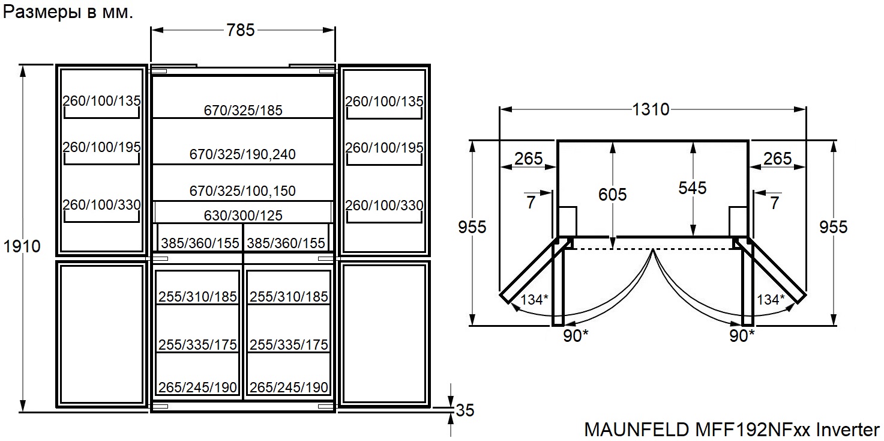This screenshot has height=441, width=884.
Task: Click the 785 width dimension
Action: [241, 30]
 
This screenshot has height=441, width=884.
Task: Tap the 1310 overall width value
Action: [651, 109]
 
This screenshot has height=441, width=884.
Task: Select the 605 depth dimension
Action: [612, 194]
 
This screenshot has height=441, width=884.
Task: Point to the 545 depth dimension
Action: [693, 187]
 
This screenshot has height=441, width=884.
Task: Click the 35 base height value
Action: [465, 410]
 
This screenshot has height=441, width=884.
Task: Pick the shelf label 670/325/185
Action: [242, 110]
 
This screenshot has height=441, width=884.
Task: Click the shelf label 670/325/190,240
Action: [242, 154]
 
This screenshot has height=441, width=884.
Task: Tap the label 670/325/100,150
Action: [242, 191]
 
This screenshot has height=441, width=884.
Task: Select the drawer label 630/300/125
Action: [242, 215]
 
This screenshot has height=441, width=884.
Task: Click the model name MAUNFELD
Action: [636, 430]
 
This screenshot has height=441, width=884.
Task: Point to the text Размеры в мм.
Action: [68, 13]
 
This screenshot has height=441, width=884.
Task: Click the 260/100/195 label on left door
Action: [101, 147]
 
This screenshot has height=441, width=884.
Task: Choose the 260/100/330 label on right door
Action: [385, 205]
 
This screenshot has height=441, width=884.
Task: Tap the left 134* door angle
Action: [534, 299]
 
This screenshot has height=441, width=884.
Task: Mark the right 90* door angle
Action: [742, 336]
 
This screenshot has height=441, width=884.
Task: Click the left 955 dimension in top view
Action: [472, 227]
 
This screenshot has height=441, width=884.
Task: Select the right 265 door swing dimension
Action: [777, 158]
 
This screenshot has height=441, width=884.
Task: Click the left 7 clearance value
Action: [531, 202]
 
